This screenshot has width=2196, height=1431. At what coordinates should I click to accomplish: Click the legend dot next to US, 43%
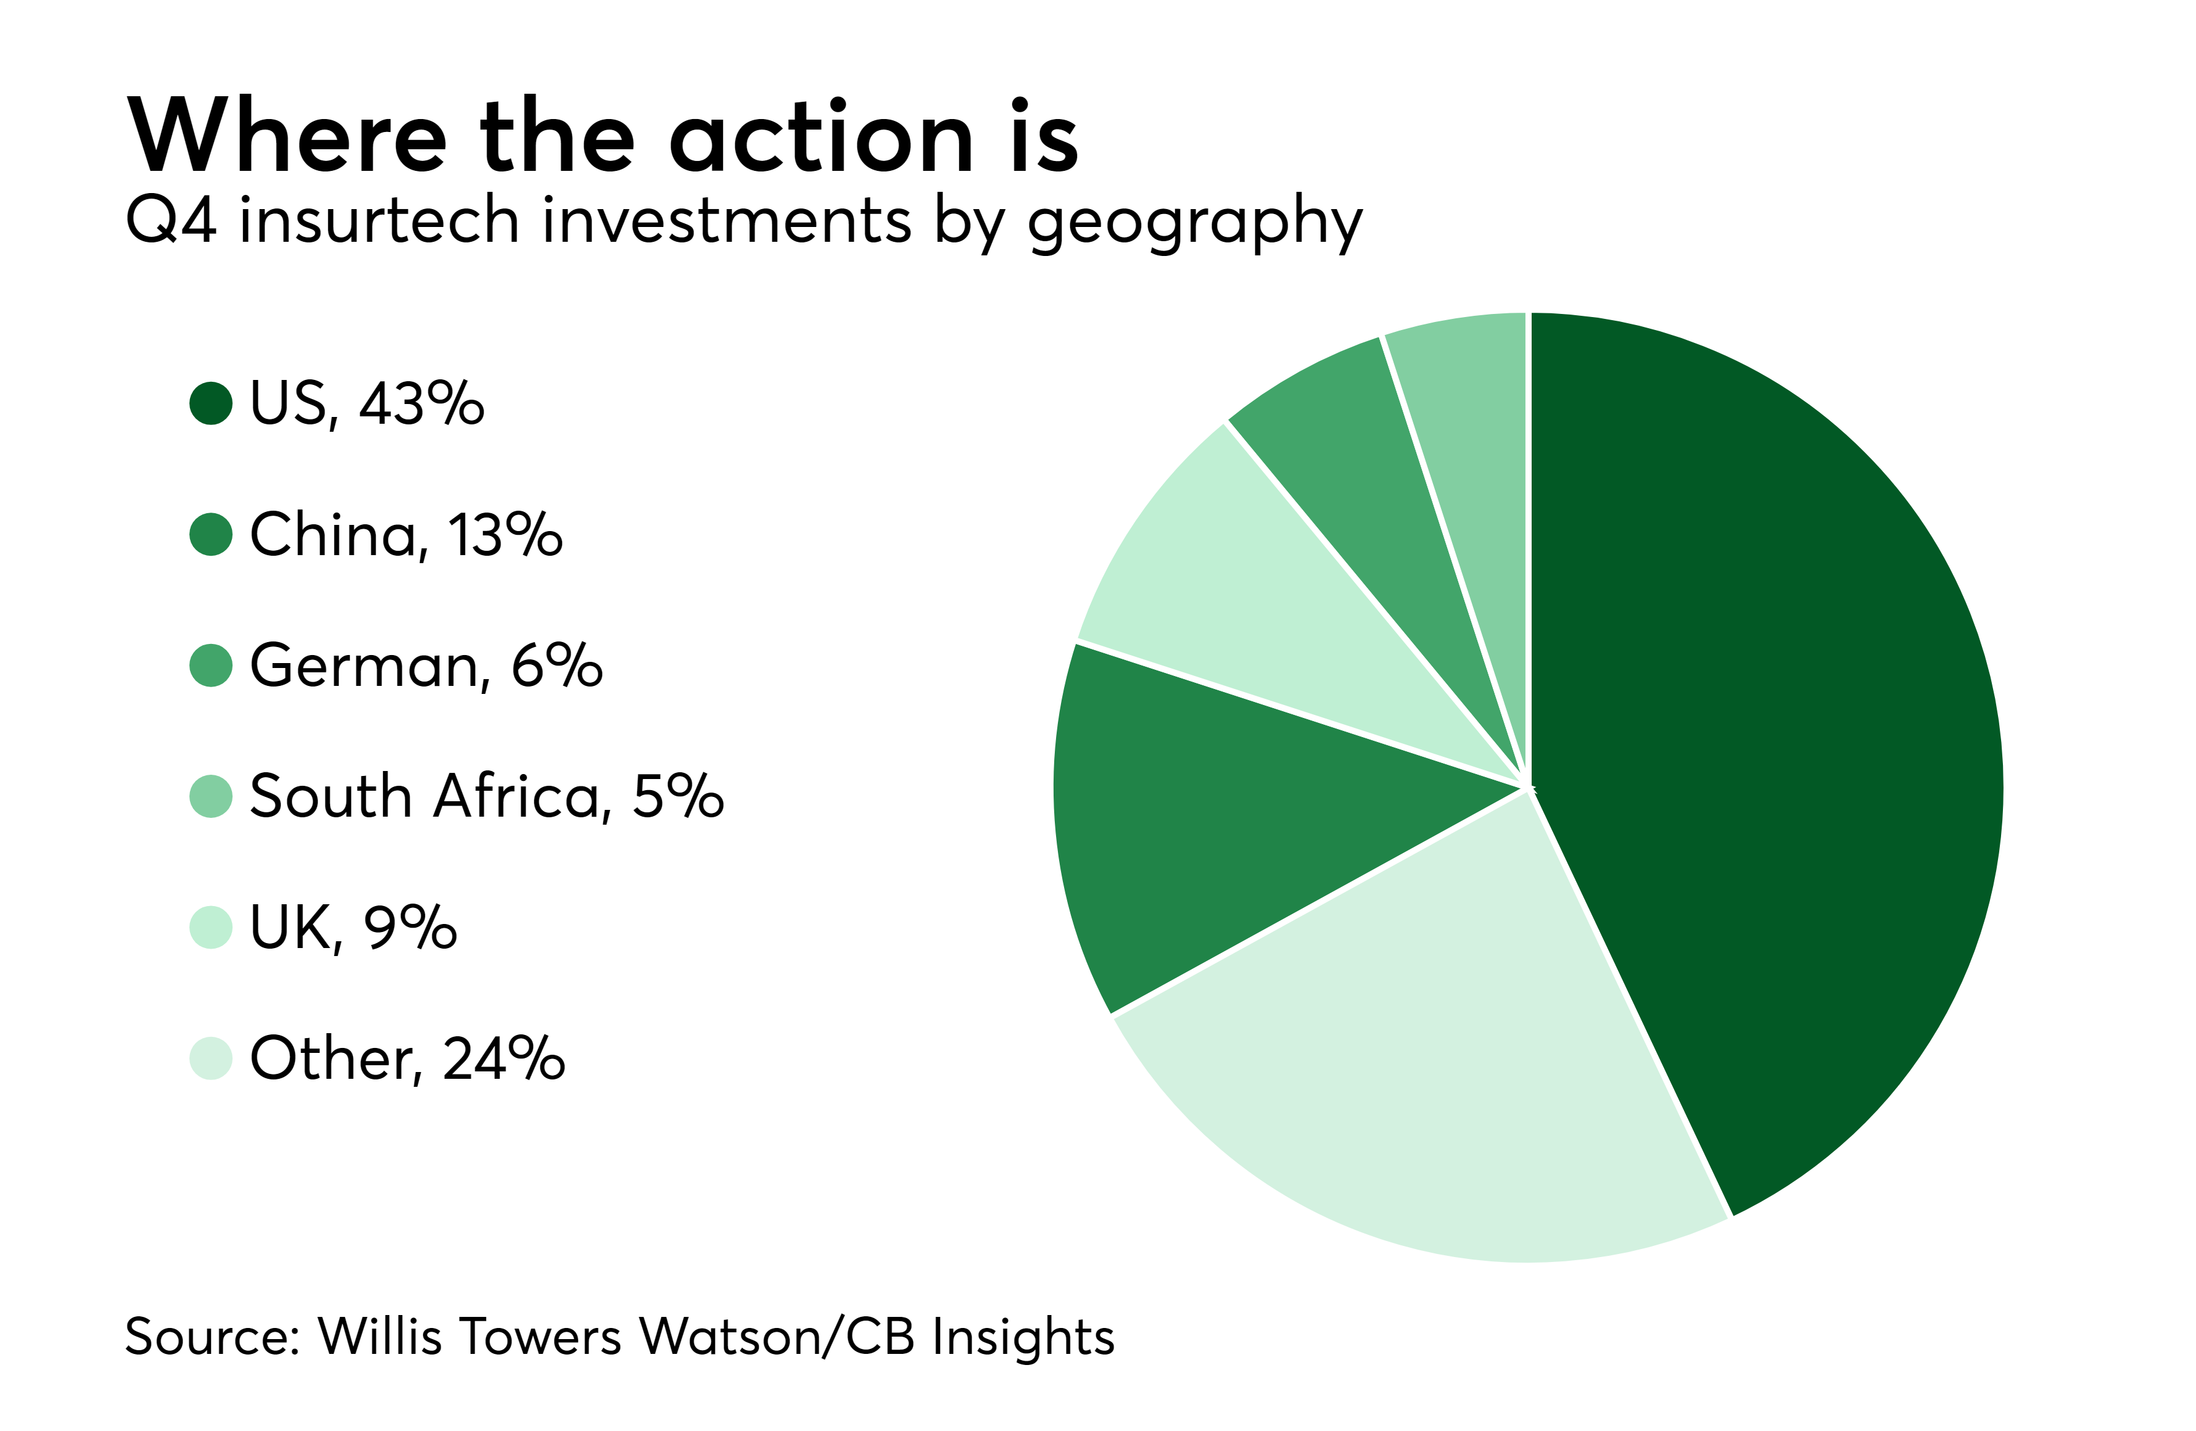click(210, 403)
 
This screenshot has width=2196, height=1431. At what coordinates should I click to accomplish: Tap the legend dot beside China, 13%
click(210, 534)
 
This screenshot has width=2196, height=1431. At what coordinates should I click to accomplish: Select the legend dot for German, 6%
click(210, 665)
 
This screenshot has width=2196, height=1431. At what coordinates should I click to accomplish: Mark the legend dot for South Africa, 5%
click(210, 796)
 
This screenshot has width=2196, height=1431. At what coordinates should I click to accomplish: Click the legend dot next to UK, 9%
click(210, 927)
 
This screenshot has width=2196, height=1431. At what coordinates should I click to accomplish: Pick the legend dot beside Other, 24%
click(210, 1058)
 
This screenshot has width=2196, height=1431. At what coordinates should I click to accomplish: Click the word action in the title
click(821, 136)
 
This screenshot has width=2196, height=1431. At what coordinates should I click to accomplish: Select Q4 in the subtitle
click(171, 221)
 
